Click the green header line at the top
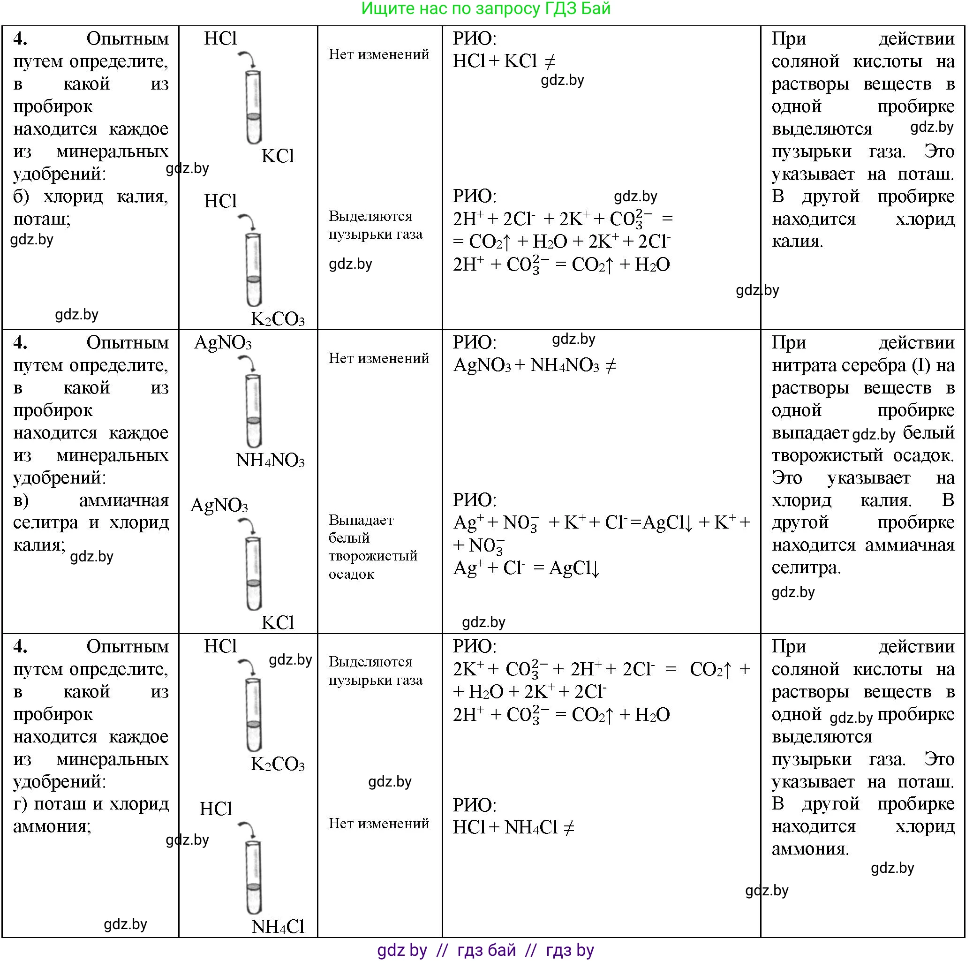(x=485, y=8)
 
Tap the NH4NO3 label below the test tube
(x=270, y=461)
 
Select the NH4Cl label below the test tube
(x=278, y=926)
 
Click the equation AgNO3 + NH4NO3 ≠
(x=534, y=365)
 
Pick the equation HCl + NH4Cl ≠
(x=513, y=827)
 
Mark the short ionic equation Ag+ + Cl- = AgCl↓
(x=526, y=568)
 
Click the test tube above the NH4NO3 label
(x=253, y=410)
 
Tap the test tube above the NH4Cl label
(x=253, y=877)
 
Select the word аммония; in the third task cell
(x=52, y=826)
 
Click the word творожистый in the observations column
(x=373, y=556)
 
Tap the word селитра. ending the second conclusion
(x=806, y=568)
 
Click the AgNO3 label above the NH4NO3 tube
(x=223, y=343)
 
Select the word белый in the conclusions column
(x=928, y=432)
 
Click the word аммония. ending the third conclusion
(x=810, y=849)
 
